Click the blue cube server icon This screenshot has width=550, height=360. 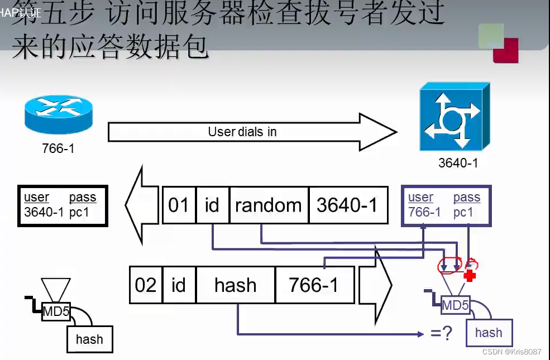(455, 117)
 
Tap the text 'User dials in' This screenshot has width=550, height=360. (242, 132)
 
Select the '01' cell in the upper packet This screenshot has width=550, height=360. (179, 205)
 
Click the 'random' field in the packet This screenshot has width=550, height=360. (269, 205)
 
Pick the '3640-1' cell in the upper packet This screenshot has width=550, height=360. (347, 205)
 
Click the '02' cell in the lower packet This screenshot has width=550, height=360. (146, 285)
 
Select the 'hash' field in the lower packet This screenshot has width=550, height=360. (235, 285)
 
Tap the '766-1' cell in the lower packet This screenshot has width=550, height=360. (314, 285)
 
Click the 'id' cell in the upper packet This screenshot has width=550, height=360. (212, 205)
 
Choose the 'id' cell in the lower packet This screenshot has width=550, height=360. (179, 285)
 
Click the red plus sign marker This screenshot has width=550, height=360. (470, 276)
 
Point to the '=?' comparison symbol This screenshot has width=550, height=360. (441, 334)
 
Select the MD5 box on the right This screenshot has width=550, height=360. (455, 305)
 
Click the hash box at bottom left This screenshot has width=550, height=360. (89, 339)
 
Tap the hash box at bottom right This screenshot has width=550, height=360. (489, 333)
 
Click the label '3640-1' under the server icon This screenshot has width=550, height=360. (458, 164)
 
